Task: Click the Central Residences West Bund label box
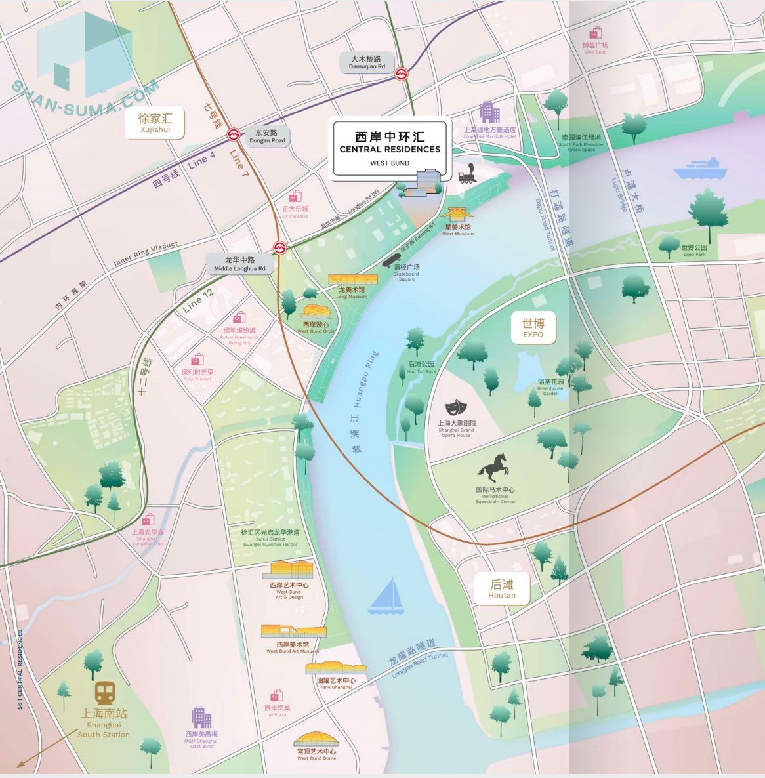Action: pos(390,148)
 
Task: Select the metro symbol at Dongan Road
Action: pos(233,135)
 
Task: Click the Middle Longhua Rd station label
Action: pos(240,264)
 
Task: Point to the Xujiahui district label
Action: pos(155,123)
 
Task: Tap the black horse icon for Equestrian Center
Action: pos(493,468)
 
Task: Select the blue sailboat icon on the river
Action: pos(387,596)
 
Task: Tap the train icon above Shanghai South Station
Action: pos(105,692)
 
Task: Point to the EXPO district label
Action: pos(533,327)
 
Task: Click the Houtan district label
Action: pos(502,588)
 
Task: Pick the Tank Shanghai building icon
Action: pos(335,668)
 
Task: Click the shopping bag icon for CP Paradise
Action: pos(295,195)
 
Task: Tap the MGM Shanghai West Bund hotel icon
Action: pos(201,718)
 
